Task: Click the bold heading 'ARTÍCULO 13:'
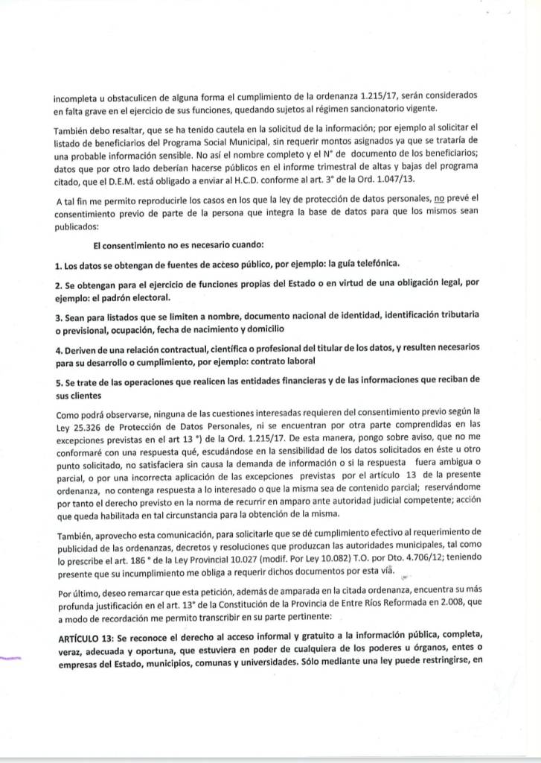[x=86, y=634]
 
